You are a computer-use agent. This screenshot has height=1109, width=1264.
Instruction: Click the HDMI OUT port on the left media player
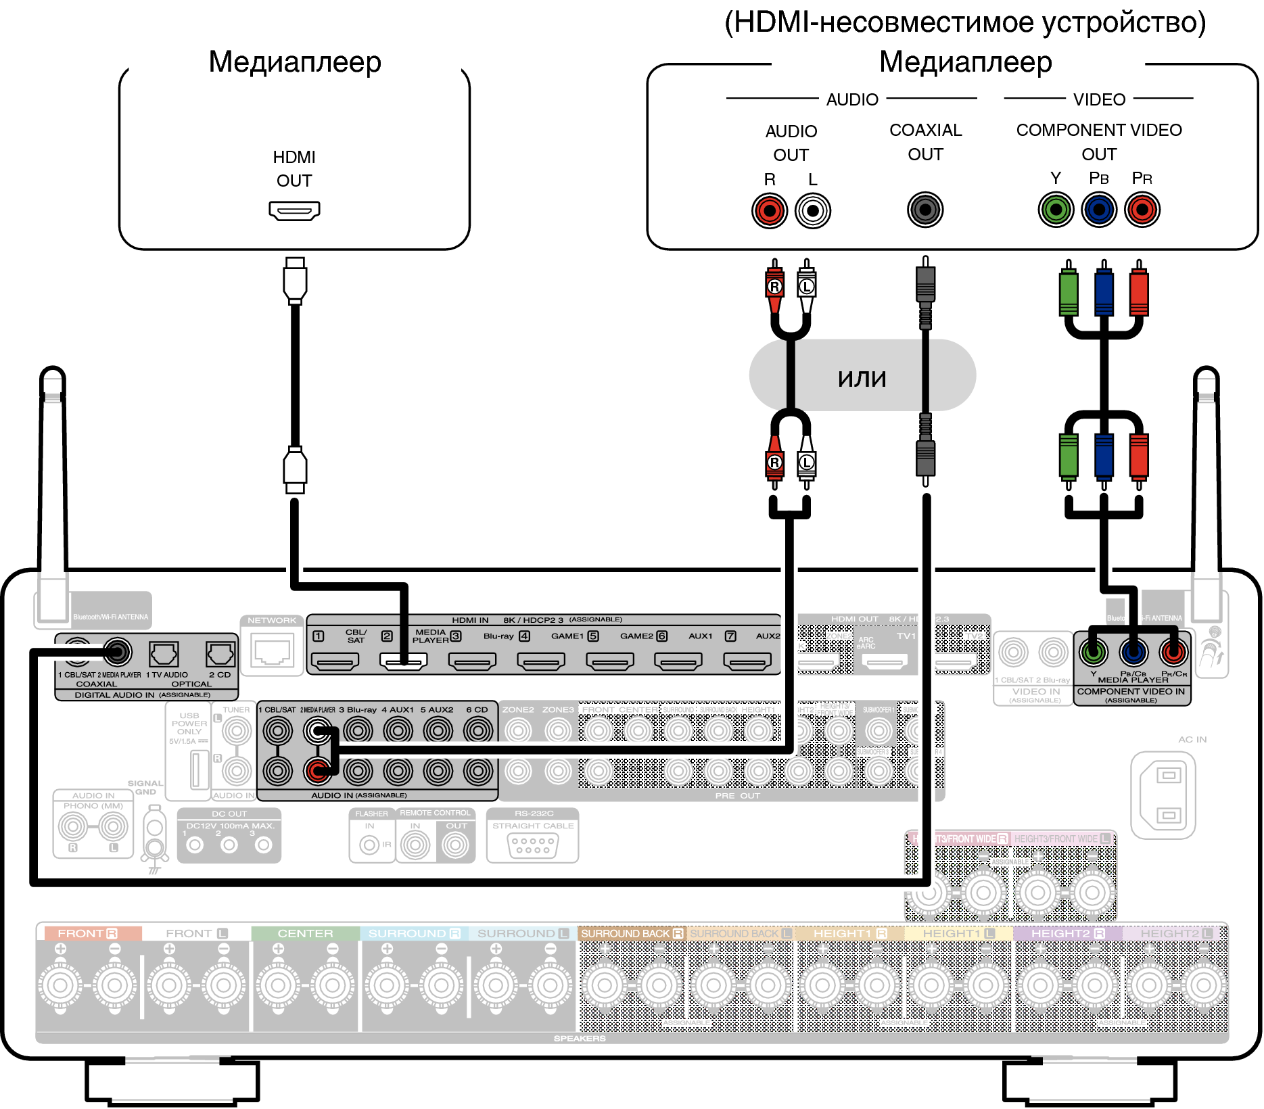[x=294, y=210]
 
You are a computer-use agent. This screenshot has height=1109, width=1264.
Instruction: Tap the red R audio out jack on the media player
[x=770, y=211]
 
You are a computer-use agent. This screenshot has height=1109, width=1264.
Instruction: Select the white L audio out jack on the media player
[x=813, y=211]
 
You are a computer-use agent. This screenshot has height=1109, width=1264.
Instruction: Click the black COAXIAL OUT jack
[x=925, y=210]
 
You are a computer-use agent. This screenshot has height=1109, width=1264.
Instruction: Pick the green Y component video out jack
[x=1056, y=210]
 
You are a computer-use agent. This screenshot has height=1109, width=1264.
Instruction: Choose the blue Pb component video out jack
[x=1099, y=210]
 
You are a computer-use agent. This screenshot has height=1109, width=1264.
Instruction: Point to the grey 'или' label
[x=862, y=377]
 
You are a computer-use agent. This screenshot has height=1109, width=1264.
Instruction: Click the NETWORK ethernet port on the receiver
[x=272, y=651]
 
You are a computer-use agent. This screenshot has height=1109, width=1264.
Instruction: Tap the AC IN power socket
[x=1163, y=795]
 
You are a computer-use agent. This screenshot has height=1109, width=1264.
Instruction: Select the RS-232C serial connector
[x=533, y=845]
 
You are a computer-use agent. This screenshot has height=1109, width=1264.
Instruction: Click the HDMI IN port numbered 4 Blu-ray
[x=541, y=661]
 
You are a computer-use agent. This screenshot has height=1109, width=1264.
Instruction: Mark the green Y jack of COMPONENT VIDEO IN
[x=1094, y=653]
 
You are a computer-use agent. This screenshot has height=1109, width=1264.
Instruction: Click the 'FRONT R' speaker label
[x=88, y=933]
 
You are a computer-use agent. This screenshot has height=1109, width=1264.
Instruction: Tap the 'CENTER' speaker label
[x=305, y=933]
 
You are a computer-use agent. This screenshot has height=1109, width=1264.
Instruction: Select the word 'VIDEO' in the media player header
[x=1099, y=99]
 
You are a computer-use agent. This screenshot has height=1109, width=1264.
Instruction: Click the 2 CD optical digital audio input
[x=220, y=654]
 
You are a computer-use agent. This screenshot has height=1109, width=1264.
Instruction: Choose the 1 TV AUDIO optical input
[x=164, y=654]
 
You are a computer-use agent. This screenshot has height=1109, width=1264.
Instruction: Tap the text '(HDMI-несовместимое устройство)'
[x=965, y=22]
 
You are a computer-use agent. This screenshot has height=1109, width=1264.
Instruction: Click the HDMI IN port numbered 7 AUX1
[x=747, y=661]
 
